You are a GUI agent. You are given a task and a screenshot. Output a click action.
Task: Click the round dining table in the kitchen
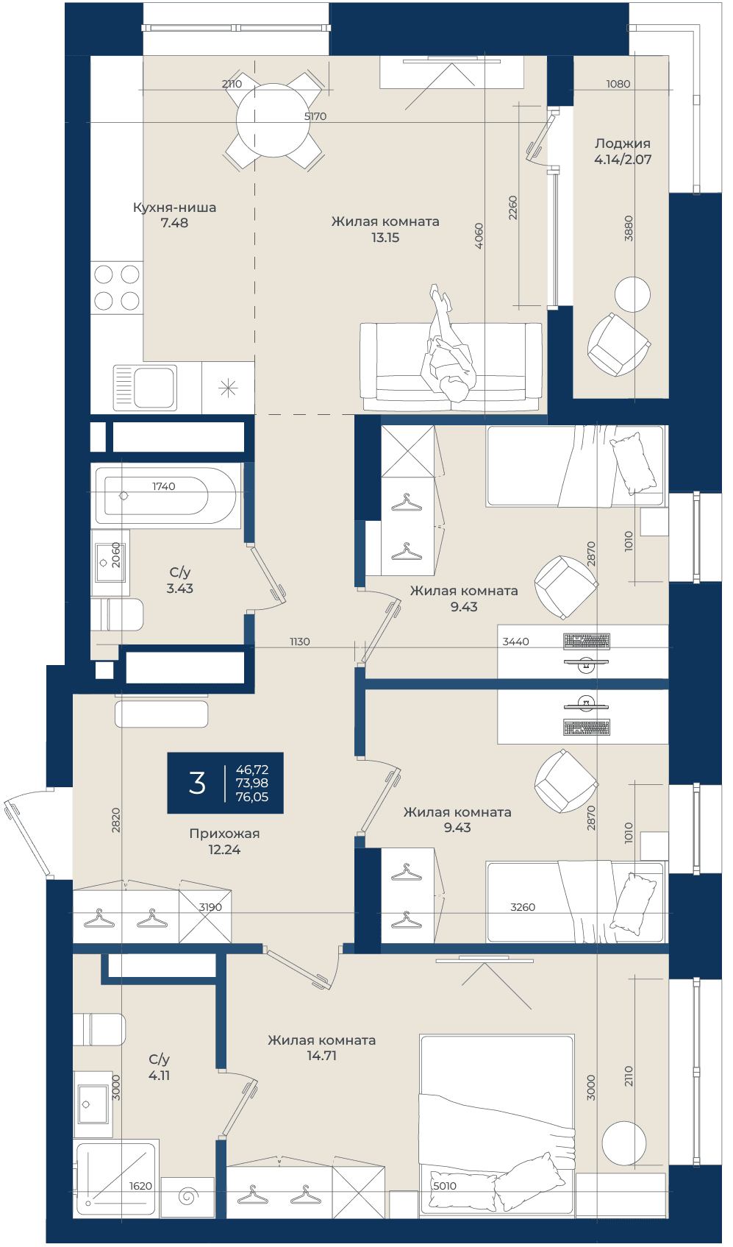coord(273,120)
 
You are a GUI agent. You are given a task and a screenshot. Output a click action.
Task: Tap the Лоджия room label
coord(622,143)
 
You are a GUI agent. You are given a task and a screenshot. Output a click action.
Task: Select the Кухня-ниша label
coord(175,207)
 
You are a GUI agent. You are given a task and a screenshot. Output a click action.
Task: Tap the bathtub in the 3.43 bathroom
coord(165,495)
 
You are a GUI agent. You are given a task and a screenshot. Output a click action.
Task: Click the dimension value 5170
coord(315,116)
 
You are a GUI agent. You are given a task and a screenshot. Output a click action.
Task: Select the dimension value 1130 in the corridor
coord(299,642)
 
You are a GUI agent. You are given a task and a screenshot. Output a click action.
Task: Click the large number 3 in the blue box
coord(197,783)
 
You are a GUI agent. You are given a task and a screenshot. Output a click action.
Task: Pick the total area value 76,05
coord(252,797)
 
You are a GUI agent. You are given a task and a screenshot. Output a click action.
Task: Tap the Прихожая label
coord(224,834)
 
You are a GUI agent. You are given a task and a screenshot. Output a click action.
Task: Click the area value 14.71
coord(321,1056)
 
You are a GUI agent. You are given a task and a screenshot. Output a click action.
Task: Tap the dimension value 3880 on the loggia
coord(629,228)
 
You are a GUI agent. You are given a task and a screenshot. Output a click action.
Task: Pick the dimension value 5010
coord(445,1186)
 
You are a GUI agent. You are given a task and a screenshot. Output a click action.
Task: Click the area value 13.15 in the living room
coord(385,238)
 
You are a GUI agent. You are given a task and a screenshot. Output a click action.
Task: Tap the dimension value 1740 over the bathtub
coord(163,486)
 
